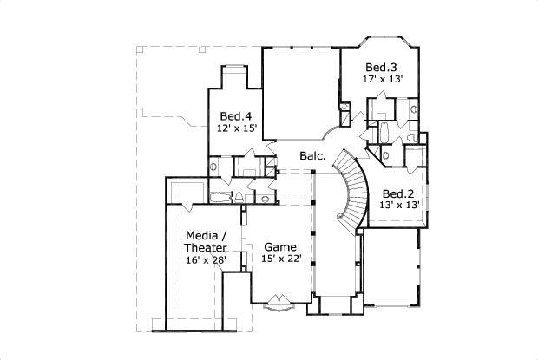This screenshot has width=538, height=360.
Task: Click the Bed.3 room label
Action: (381, 67)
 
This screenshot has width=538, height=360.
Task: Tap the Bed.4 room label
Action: (235, 115)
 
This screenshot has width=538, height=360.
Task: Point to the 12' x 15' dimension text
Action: (236, 128)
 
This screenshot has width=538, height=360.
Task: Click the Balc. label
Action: (312, 156)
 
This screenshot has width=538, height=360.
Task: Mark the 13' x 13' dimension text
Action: (399, 205)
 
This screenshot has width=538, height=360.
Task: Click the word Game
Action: (280, 245)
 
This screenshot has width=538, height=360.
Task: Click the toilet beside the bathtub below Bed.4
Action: (266, 199)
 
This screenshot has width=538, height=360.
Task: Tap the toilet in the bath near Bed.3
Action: (412, 110)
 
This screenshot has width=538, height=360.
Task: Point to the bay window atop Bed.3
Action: (382, 40)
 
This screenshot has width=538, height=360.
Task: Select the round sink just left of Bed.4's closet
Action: (213, 166)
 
